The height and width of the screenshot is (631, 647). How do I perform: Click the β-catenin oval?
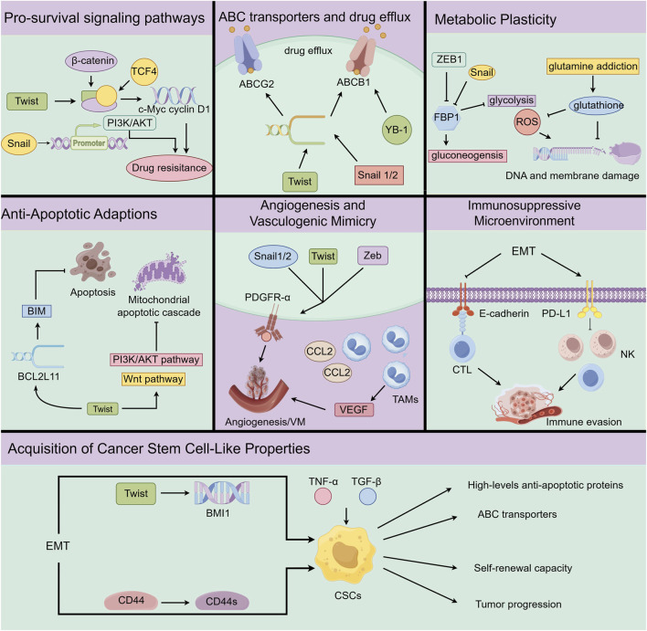coord(91,61)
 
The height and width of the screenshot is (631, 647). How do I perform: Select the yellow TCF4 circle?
coord(144,71)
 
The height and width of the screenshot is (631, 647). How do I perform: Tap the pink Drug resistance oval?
coord(169,168)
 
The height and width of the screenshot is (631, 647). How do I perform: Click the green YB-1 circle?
coord(397,130)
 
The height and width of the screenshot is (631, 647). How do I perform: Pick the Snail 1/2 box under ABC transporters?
coord(378,175)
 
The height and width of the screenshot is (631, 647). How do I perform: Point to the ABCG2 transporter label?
coord(256,84)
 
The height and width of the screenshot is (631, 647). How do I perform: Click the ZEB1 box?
coord(449,59)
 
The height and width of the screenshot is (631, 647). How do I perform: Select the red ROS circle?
coord(527,122)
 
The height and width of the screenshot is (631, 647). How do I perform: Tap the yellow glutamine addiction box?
coord(593,67)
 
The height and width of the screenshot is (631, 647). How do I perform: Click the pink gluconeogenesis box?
coord(468,155)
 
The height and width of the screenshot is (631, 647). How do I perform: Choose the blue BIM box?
coord(37,311)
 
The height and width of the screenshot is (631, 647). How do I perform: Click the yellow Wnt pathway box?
coord(154,379)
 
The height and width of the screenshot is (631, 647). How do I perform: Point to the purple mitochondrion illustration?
coord(159,271)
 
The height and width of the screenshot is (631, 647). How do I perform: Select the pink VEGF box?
coord(354,410)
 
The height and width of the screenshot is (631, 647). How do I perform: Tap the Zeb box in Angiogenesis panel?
coord(372,256)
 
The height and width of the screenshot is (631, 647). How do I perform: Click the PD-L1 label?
coord(556,314)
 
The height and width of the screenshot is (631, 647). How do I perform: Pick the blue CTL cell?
coord(461,349)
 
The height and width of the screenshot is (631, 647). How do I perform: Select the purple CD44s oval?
coord(221,602)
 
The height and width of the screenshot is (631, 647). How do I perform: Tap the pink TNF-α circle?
coord(323,496)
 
